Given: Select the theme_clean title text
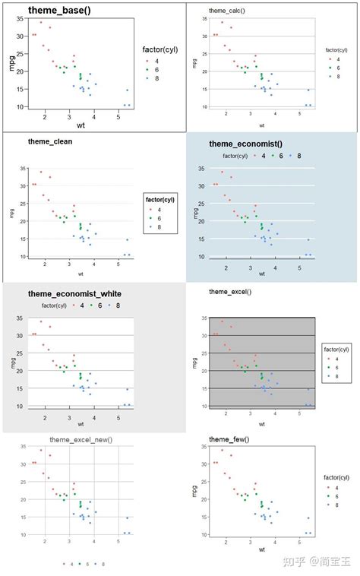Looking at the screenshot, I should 50,141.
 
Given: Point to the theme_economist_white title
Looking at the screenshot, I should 74,293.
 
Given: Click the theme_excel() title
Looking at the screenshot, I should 230,291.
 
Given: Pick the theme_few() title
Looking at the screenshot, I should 229,439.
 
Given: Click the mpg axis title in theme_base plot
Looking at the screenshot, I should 11,64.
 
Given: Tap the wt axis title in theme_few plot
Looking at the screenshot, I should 261,548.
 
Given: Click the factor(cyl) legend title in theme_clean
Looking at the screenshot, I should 160,200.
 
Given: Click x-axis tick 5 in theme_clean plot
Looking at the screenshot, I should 118,264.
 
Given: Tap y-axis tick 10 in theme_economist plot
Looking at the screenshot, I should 202,257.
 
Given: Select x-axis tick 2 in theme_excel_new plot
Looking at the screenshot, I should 45,541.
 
